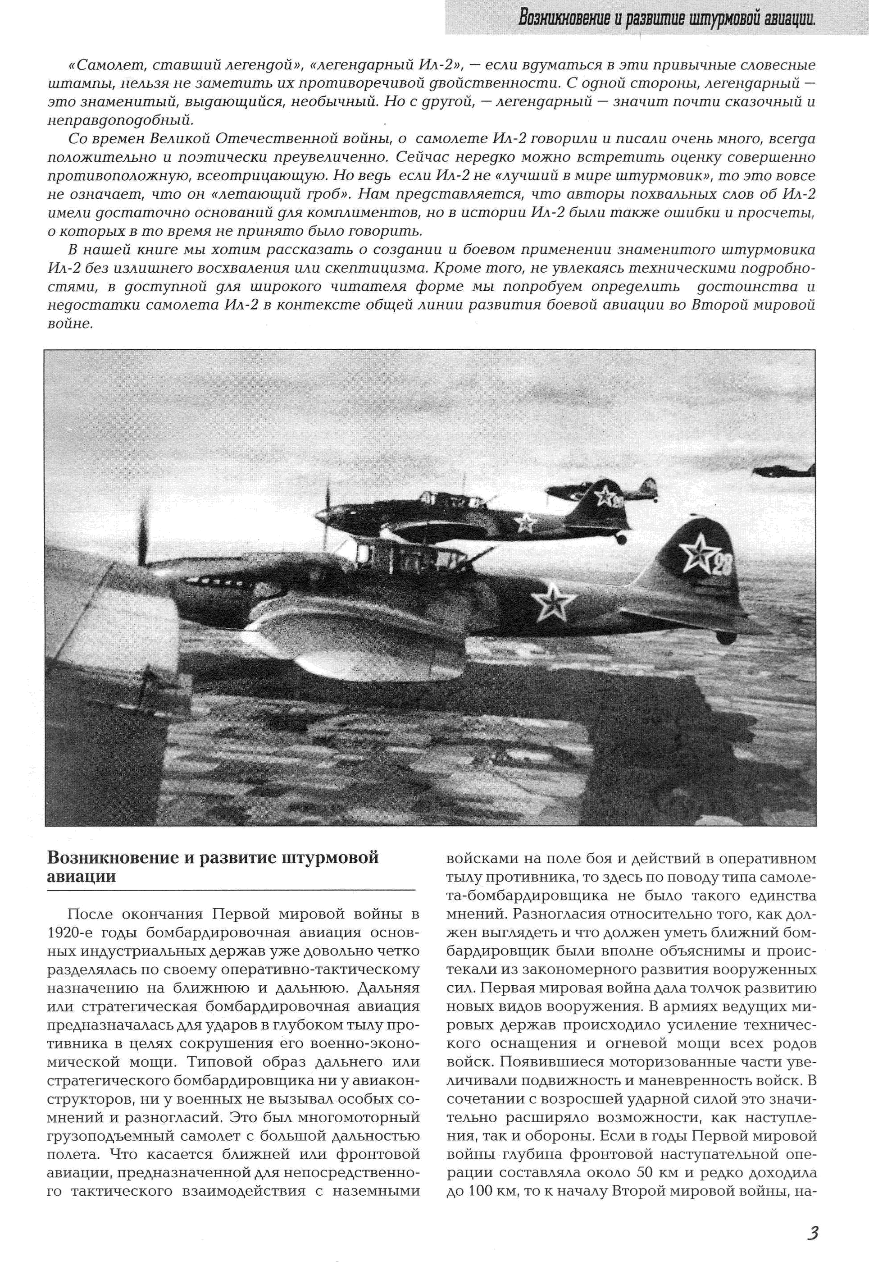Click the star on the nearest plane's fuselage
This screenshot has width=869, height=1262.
click(x=553, y=604)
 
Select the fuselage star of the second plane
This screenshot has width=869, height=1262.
click(x=524, y=522)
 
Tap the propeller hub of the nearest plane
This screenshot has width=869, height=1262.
click(x=146, y=565)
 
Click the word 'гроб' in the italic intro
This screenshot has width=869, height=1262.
click(x=323, y=194)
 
